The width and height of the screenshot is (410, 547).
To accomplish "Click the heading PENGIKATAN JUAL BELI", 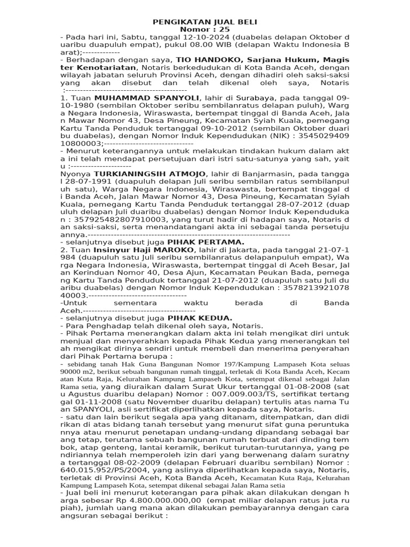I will pyautogui.click(x=204, y=21).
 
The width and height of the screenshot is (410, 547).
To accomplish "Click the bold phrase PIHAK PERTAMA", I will pyautogui.click(x=194, y=242).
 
